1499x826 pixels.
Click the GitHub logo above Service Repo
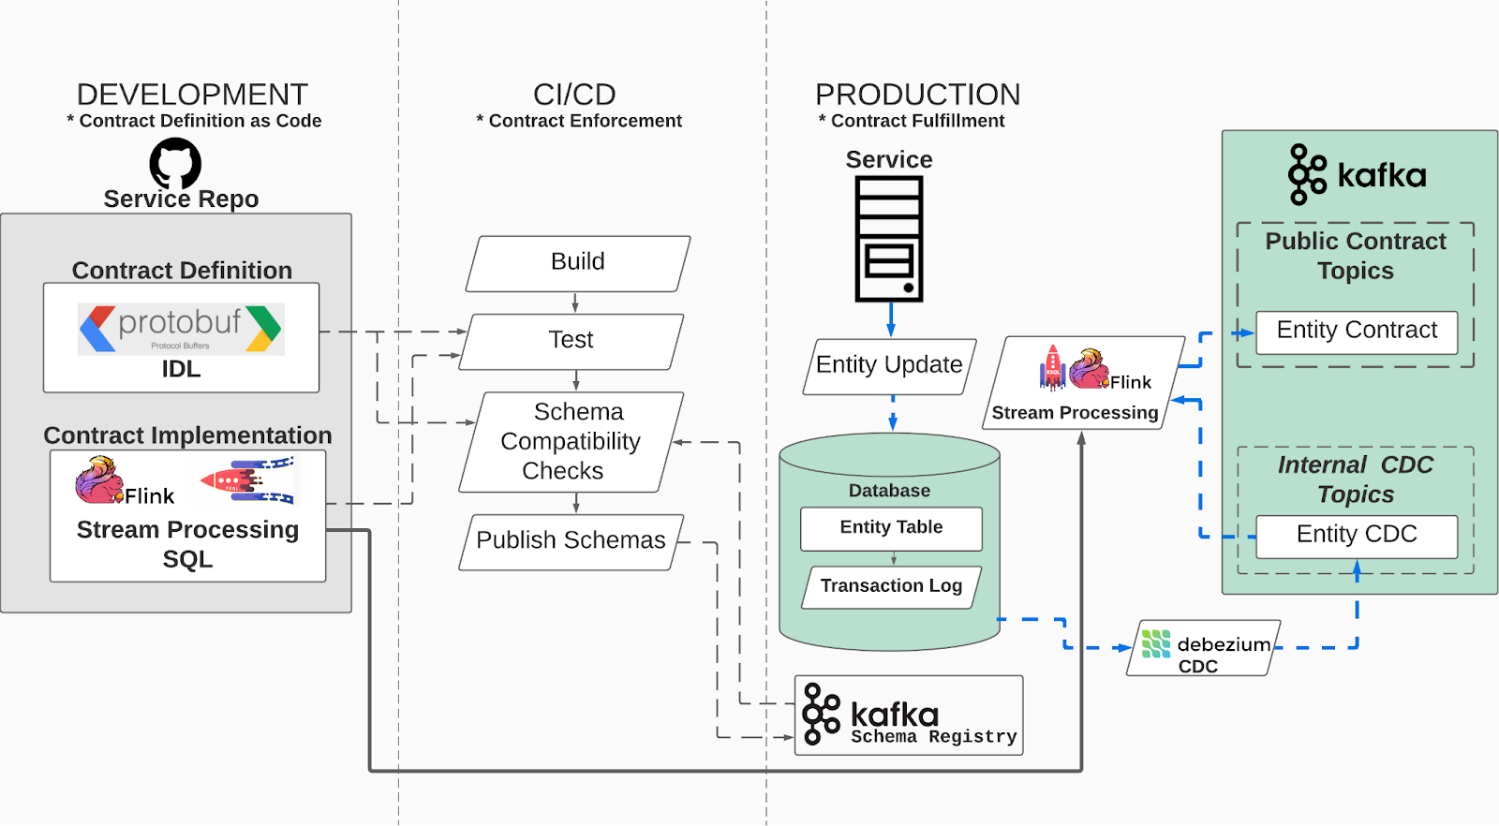(175, 164)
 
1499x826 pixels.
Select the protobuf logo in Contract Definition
(181, 329)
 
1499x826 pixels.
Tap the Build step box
(578, 263)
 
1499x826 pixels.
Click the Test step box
(571, 341)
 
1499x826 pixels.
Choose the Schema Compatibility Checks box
(571, 442)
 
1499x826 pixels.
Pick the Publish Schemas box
(571, 541)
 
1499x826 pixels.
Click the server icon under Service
(889, 239)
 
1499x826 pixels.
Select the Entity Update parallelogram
(889, 366)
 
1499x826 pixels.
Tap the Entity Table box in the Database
(891, 528)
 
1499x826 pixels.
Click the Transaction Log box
(891, 587)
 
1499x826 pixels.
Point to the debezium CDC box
(1204, 648)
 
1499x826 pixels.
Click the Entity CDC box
(1356, 536)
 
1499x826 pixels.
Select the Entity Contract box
(1356, 332)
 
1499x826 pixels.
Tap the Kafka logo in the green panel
(1357, 175)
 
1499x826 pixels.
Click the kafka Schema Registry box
(908, 715)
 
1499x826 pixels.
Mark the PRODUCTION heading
(917, 95)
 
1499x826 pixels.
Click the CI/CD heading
(574, 95)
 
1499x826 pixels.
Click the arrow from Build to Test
(575, 302)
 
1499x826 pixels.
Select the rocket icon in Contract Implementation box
(247, 479)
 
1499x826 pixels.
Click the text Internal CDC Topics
(1356, 479)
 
